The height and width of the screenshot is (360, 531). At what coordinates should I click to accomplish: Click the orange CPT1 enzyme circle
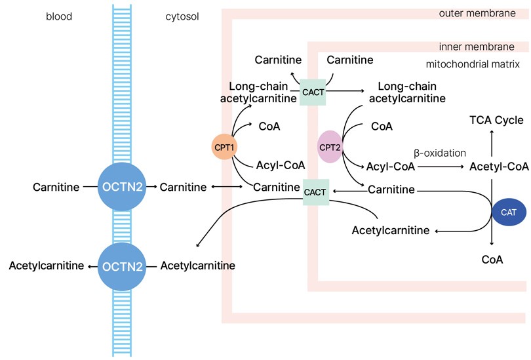click(224, 147)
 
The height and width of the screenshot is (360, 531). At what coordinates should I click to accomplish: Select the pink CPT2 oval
click(330, 147)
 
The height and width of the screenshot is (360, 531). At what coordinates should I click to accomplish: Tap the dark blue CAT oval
click(509, 212)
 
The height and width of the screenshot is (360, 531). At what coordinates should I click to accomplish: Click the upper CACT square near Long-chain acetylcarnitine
click(313, 92)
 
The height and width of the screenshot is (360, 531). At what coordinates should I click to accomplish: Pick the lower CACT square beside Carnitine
click(315, 192)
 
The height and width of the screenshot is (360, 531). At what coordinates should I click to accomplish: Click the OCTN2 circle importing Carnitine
click(122, 187)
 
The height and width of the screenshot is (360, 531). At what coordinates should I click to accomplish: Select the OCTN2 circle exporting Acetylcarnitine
click(122, 266)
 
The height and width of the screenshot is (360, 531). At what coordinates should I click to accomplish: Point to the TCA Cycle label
click(496, 120)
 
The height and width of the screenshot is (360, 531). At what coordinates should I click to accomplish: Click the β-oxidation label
click(440, 153)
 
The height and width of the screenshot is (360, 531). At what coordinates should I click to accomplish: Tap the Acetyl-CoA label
click(499, 167)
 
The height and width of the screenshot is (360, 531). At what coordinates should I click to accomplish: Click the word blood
click(59, 16)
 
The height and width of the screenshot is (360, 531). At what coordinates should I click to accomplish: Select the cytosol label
click(182, 16)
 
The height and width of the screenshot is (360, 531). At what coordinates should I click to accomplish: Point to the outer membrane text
click(477, 13)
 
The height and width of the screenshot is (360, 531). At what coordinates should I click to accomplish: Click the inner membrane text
click(477, 47)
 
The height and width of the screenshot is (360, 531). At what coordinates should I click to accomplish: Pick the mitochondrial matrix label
click(473, 64)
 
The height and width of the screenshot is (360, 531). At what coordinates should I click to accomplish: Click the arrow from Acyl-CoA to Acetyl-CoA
click(441, 167)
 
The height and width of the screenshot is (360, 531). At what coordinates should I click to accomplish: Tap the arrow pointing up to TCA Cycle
click(492, 144)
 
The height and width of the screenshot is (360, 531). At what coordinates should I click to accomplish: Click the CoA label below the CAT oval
click(492, 260)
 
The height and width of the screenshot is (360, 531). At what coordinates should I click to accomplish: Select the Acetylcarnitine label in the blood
click(47, 266)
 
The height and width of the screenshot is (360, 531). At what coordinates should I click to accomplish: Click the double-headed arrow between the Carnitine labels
click(227, 187)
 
